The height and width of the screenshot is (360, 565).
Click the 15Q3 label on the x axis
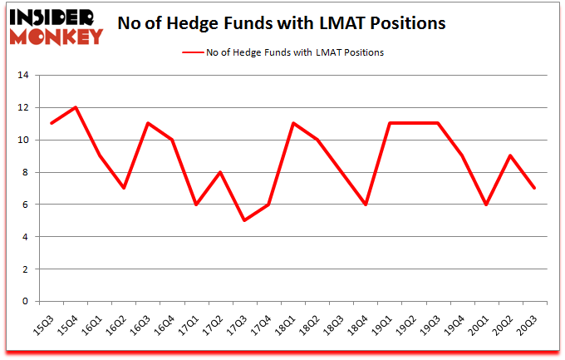pos(49,320)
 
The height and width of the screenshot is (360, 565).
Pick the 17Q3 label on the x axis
pos(242,320)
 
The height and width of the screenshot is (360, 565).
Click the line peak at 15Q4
pos(76,108)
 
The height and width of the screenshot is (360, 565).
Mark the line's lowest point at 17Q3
pos(244,220)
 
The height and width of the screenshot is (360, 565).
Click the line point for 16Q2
pos(124,188)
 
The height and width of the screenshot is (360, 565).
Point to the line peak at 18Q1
pos(292,124)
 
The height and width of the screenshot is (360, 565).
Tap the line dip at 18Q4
pos(365,205)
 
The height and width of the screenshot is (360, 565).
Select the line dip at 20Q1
pos(485,205)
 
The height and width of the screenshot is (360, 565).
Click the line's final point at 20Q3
pos(533,188)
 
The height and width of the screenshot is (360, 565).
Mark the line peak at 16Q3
pos(148,124)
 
